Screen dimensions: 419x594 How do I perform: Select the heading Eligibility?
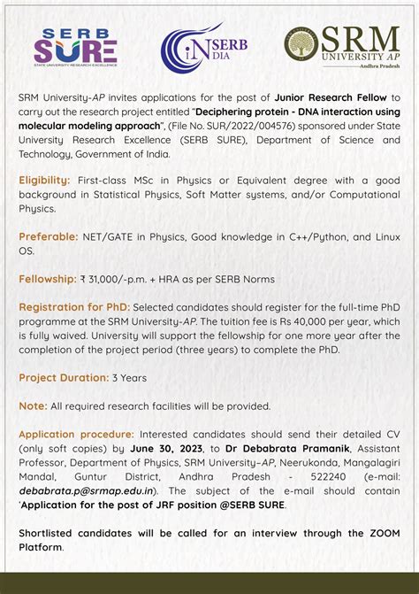pyautogui.click(x=45, y=180)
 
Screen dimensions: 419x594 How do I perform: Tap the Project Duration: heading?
pyautogui.click(x=63, y=377)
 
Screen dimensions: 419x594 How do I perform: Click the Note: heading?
pyautogui.click(x=33, y=405)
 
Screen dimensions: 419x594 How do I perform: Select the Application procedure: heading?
pyautogui.click(x=77, y=434)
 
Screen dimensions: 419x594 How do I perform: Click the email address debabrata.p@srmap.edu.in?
pyautogui.click(x=88, y=490)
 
